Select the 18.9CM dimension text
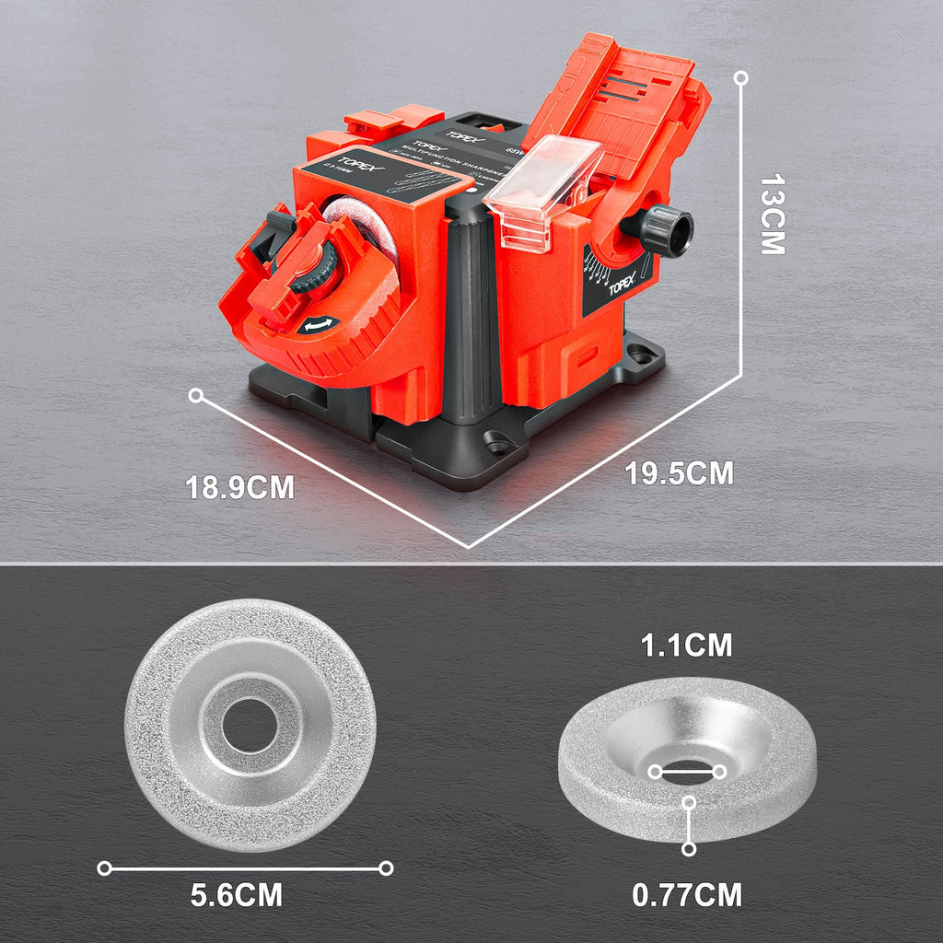[240, 487]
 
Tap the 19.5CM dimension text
[680, 473]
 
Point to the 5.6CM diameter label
[237, 895]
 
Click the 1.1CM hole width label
[686, 646]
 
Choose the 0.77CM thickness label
[687, 894]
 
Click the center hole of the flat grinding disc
[250, 726]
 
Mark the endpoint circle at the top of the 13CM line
[741, 79]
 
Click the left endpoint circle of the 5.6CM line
[105, 867]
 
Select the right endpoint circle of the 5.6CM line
[386, 867]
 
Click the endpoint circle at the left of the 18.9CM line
[195, 395]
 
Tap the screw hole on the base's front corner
[498, 447]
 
